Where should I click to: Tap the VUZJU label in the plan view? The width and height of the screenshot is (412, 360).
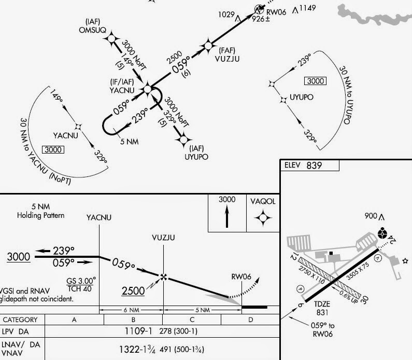point(226,59)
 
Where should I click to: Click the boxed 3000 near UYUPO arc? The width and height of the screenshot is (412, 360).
point(315,81)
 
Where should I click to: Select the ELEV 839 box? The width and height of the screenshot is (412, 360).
point(309,165)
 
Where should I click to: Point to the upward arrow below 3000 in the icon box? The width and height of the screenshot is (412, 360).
point(226,217)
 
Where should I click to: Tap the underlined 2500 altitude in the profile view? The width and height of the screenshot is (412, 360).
point(133,291)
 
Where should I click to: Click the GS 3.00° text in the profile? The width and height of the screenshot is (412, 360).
point(81,281)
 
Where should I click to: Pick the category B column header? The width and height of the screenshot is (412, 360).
point(133,320)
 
